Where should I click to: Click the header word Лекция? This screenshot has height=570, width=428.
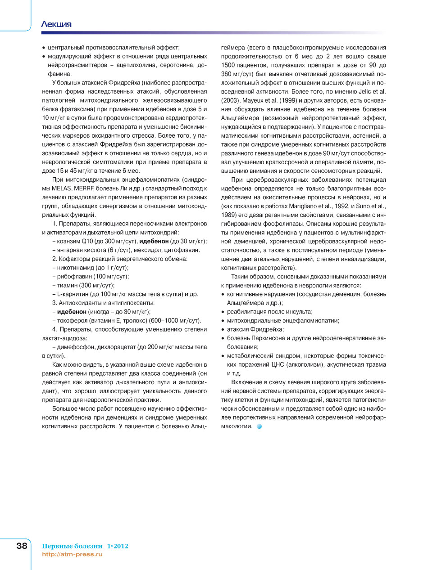click(56, 24)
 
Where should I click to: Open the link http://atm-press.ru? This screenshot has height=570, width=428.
click(72, 554)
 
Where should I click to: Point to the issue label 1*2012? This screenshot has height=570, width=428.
click(118, 546)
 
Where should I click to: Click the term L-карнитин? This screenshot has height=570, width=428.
click(72, 294)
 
